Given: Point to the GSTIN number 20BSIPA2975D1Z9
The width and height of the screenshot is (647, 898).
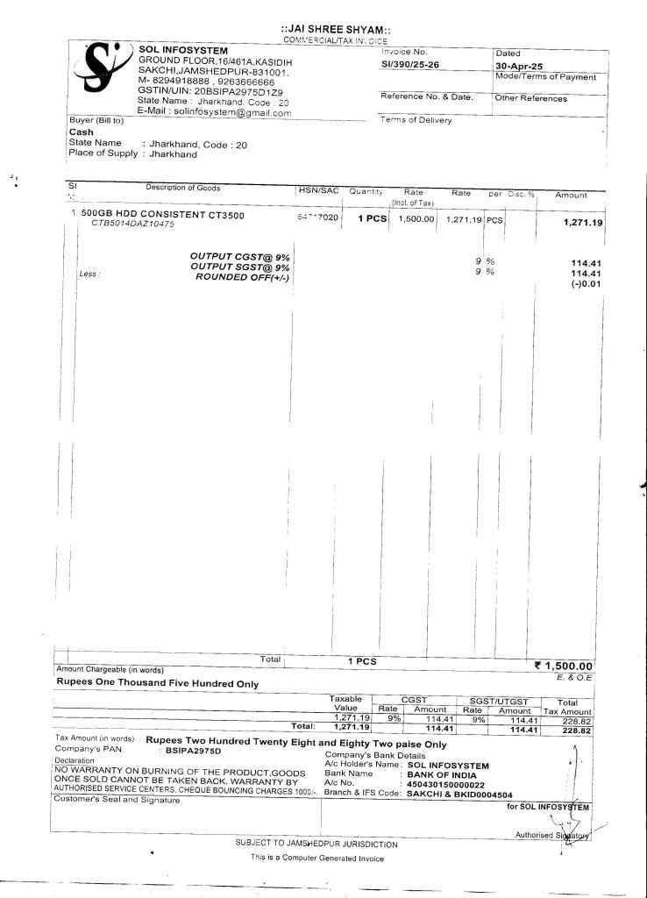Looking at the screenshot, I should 231,91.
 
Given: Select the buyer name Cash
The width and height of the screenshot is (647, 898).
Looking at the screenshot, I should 81,132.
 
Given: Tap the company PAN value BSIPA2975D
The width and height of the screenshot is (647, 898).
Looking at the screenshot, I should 194,751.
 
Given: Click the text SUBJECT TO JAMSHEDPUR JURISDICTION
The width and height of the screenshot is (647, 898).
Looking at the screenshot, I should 317,844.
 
